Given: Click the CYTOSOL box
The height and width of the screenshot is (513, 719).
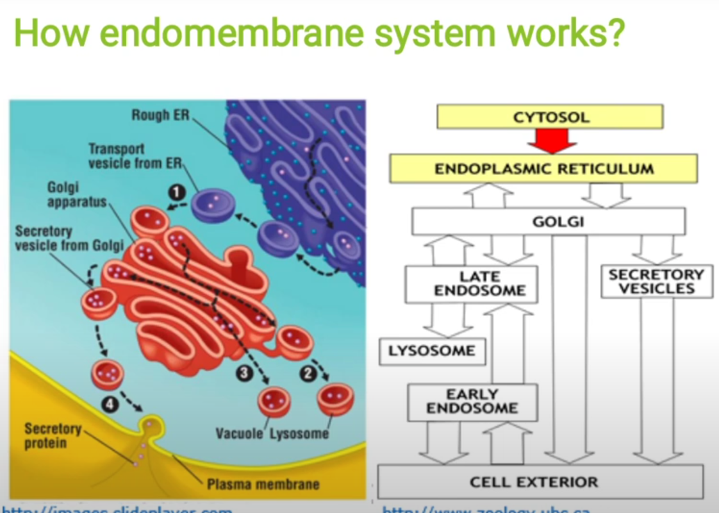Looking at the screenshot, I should tap(550, 117).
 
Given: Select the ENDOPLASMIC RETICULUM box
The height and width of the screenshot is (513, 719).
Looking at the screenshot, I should tap(543, 169).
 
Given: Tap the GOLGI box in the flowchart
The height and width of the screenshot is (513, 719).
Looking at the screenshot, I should tap(549, 222).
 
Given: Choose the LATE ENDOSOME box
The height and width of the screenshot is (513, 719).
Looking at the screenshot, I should tap(471, 284).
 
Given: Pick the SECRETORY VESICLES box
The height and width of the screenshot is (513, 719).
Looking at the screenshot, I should tap(656, 282).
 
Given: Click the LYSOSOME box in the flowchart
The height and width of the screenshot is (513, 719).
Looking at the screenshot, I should tap(432, 351).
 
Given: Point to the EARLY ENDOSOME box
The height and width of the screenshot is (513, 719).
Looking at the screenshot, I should tap(472, 401).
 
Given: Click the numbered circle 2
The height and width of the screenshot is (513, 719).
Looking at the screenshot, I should tap(309, 373).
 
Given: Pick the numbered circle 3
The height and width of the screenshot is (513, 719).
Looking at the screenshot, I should tap(243, 373).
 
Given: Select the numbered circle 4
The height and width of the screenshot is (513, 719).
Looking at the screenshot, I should tap(110, 405).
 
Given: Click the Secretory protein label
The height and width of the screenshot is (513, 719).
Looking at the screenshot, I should tap(53, 435).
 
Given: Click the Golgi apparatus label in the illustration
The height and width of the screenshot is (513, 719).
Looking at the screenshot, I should tap(76, 194).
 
